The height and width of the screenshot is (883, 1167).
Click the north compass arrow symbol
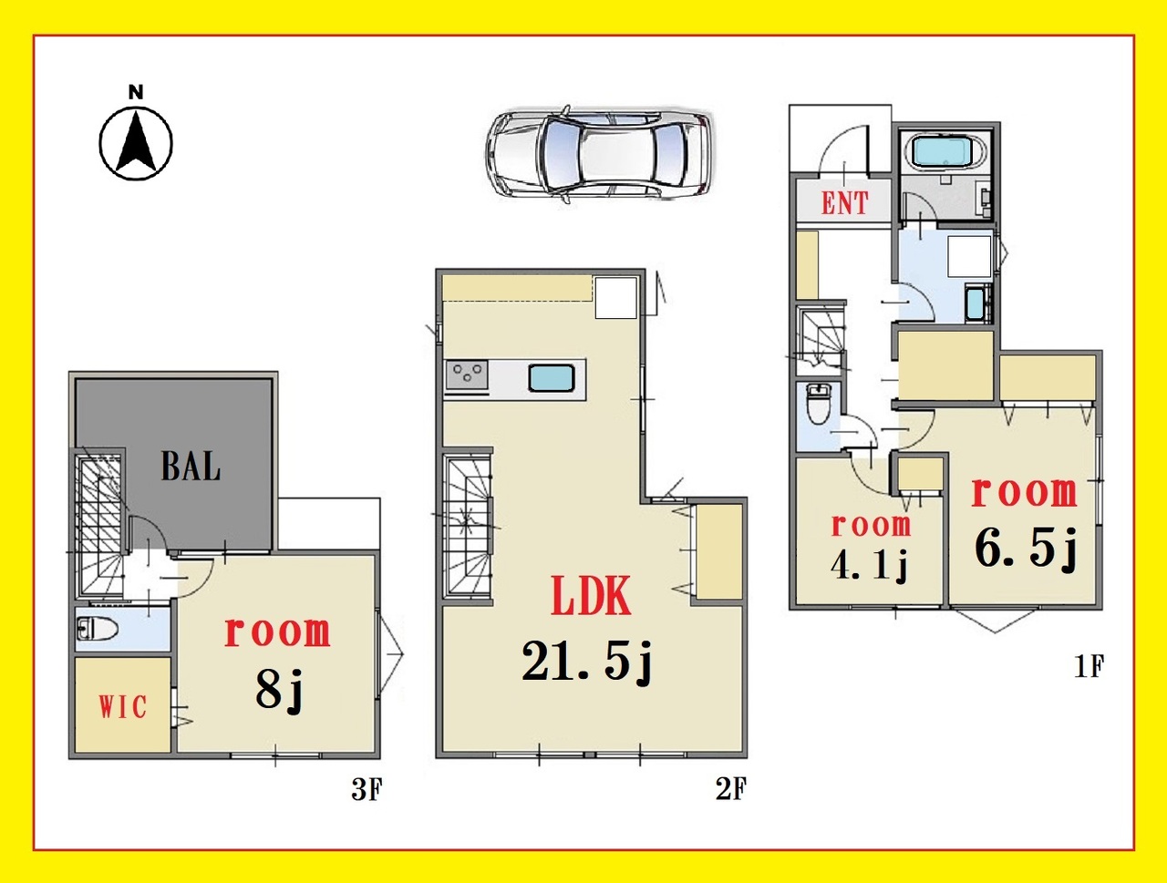[136, 143]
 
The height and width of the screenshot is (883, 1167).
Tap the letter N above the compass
[136, 92]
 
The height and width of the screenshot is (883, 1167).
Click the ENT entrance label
[845, 203]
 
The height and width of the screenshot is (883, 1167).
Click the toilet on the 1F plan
[818, 404]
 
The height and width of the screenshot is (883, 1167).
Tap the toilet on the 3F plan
[98, 629]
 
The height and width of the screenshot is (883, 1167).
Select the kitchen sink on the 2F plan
[552, 379]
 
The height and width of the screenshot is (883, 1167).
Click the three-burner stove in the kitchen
[467, 375]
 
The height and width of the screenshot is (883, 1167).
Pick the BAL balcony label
[191, 467]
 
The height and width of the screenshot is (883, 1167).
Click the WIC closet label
[122, 707]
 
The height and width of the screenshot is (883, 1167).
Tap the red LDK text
[591, 596]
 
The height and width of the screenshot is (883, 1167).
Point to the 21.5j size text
[586, 662]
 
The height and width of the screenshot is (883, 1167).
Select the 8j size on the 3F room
[279, 689]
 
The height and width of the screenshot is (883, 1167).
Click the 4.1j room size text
[869, 567]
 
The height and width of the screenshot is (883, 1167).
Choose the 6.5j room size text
[1026, 549]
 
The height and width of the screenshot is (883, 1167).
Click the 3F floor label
[367, 789]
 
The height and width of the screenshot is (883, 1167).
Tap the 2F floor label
[731, 789]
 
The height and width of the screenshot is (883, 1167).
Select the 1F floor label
[1090, 667]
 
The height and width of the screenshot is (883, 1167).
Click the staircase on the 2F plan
[468, 526]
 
